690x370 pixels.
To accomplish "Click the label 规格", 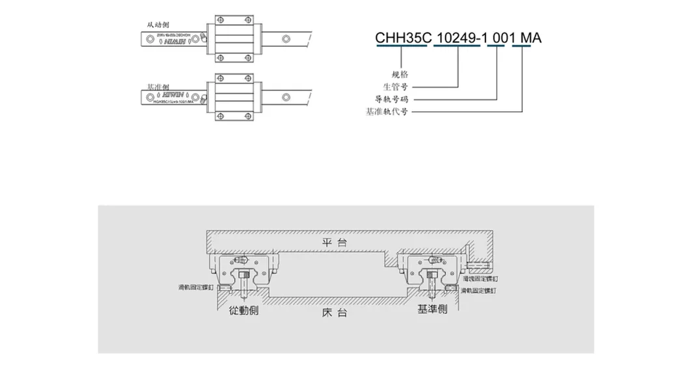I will (x=403, y=73).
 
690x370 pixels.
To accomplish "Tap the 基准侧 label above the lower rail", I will (x=158, y=86).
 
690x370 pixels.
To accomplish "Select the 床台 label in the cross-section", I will (x=335, y=313).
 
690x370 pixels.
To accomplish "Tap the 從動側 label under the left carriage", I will (x=244, y=310).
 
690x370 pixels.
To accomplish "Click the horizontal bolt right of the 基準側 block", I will (x=480, y=265).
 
